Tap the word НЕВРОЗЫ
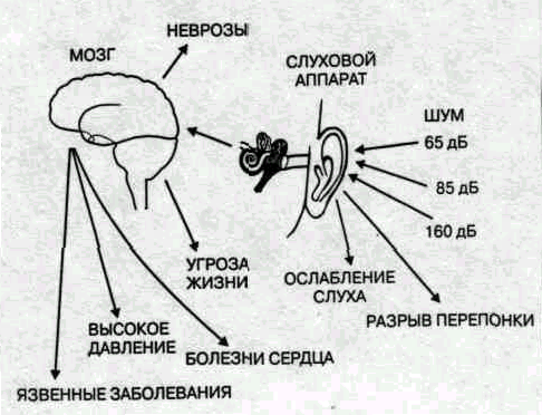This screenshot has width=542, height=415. point(208,29)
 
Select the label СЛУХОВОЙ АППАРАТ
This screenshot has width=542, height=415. point(327,67)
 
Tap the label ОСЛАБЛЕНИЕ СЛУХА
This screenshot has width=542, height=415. point(340,286)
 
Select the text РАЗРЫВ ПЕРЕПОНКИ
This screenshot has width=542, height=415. point(450,322)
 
